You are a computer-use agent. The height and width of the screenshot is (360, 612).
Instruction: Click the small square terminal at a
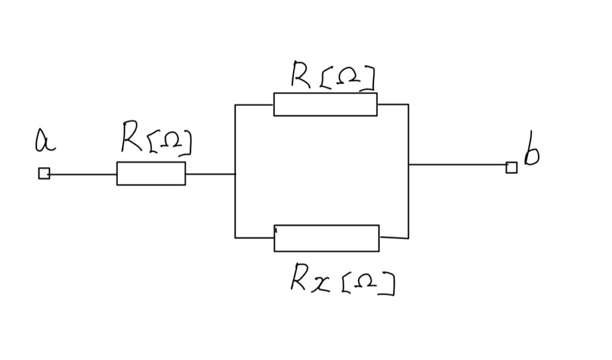(44, 173)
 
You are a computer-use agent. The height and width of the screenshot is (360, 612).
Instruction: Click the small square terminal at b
(511, 167)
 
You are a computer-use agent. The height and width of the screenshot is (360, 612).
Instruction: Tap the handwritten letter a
(44, 141)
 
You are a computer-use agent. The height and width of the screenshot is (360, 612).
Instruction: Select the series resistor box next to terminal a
(151, 173)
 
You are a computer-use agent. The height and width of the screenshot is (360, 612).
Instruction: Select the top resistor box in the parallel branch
(325, 104)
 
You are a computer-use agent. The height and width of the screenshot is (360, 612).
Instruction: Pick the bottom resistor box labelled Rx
(326, 238)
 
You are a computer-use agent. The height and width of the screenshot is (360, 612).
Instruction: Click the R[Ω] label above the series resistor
(155, 138)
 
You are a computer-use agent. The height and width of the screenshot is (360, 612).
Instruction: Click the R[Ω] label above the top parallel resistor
(332, 76)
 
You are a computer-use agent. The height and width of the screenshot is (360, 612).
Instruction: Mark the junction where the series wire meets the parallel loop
(235, 174)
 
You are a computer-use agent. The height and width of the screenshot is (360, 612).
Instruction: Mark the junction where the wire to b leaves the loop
(408, 164)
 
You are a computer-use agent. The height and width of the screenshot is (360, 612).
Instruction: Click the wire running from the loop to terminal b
(457, 164)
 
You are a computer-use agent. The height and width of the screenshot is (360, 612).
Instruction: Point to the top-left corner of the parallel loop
(235, 105)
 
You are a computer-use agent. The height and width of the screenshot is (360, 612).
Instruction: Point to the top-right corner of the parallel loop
(408, 105)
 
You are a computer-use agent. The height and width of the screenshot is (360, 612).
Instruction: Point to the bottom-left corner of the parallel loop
(235, 237)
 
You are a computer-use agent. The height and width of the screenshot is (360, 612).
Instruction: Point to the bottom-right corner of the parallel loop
(408, 238)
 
